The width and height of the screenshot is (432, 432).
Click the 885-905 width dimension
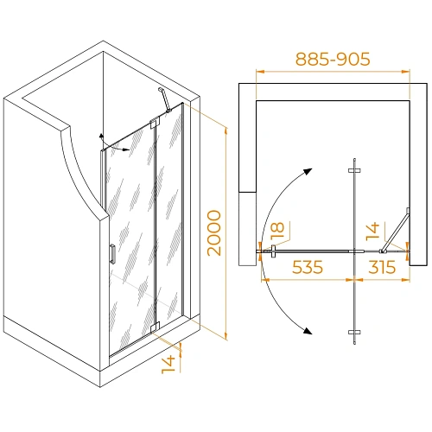pyautogui.click(x=333, y=59)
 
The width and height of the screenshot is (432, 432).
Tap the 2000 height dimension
pyautogui.click(x=214, y=233)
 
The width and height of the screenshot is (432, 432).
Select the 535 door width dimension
pyautogui.click(x=308, y=267)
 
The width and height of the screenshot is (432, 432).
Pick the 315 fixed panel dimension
pyautogui.click(x=382, y=267)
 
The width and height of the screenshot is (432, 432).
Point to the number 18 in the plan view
pyautogui.click(x=277, y=231)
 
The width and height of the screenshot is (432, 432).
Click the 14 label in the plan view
pyautogui.click(x=372, y=231)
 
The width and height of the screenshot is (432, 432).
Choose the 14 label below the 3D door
pyautogui.click(x=168, y=364)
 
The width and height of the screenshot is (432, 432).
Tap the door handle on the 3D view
pyautogui.click(x=113, y=254)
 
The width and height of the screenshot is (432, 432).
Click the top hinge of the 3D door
pyautogui.click(x=155, y=123)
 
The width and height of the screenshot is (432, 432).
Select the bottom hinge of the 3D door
pyautogui.click(x=155, y=327)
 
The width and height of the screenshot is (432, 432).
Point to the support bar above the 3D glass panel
pyautogui.click(x=165, y=99)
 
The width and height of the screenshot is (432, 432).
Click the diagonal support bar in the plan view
pyautogui.click(x=395, y=231)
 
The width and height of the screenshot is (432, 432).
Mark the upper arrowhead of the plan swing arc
pyautogui.click(x=308, y=172)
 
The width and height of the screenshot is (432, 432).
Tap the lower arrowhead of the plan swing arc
pyautogui.click(x=308, y=331)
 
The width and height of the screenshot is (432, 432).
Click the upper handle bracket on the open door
pyautogui.click(x=354, y=170)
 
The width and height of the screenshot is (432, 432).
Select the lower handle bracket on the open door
pyautogui.click(x=354, y=333)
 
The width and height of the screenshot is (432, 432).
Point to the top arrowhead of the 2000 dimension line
pyautogui.click(x=226, y=130)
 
